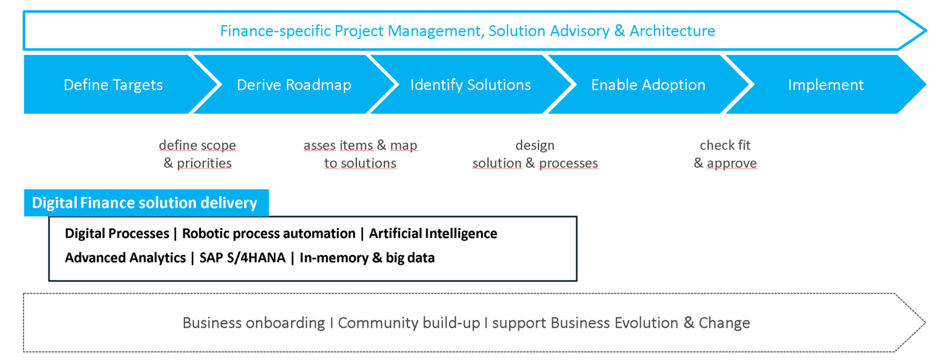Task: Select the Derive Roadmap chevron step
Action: pos(294,84)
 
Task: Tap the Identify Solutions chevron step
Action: pos(471,84)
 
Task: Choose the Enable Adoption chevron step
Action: pos(648,84)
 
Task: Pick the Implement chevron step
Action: pos(826,84)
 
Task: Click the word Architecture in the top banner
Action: pos(672,31)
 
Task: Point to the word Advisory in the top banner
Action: pos(580,31)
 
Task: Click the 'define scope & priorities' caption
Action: pos(198,154)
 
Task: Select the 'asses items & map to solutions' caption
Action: pos(360,154)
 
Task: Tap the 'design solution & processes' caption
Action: pos(535,154)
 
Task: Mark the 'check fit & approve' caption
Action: pos(725,154)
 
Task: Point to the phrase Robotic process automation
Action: pos(269,233)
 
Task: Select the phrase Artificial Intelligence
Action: pos(433,233)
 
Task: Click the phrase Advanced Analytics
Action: pos(125,257)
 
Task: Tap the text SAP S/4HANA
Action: pos(242,257)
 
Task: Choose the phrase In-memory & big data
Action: pos(367,257)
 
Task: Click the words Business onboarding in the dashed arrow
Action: pos(254,323)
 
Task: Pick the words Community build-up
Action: pos(409,323)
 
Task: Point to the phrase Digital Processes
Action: pos(117,233)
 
